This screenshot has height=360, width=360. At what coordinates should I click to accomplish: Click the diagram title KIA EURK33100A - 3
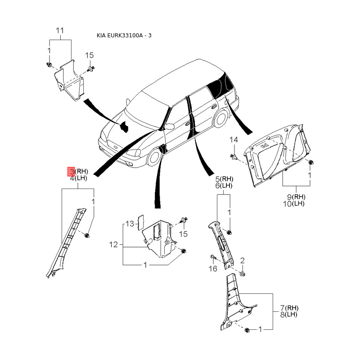pyautogui.click(x=124, y=36)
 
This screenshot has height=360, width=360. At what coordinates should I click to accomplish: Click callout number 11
pyautogui.click(x=60, y=30)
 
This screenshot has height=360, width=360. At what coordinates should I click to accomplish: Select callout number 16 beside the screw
pyautogui.click(x=212, y=269)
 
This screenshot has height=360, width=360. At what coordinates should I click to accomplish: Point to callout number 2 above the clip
pyautogui.click(x=242, y=261)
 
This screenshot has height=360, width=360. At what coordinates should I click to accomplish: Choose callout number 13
pyautogui.click(x=130, y=224)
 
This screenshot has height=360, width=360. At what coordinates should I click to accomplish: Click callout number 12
pyautogui.click(x=113, y=245)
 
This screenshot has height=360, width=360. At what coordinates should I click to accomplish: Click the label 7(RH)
pyautogui.click(x=289, y=308)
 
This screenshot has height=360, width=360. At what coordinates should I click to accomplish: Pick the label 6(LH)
pyautogui.click(x=224, y=185)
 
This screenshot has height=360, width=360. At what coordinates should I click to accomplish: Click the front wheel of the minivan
pyautogui.click(x=154, y=157)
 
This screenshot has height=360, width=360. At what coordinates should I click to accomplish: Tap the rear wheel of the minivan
pyautogui.click(x=221, y=120)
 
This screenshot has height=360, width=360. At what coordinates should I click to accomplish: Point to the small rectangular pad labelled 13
pyautogui.click(x=140, y=222)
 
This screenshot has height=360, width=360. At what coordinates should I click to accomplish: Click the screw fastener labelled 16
pyautogui.click(x=212, y=258)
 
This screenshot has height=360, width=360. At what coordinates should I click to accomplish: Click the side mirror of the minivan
pyautogui.click(x=169, y=127)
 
